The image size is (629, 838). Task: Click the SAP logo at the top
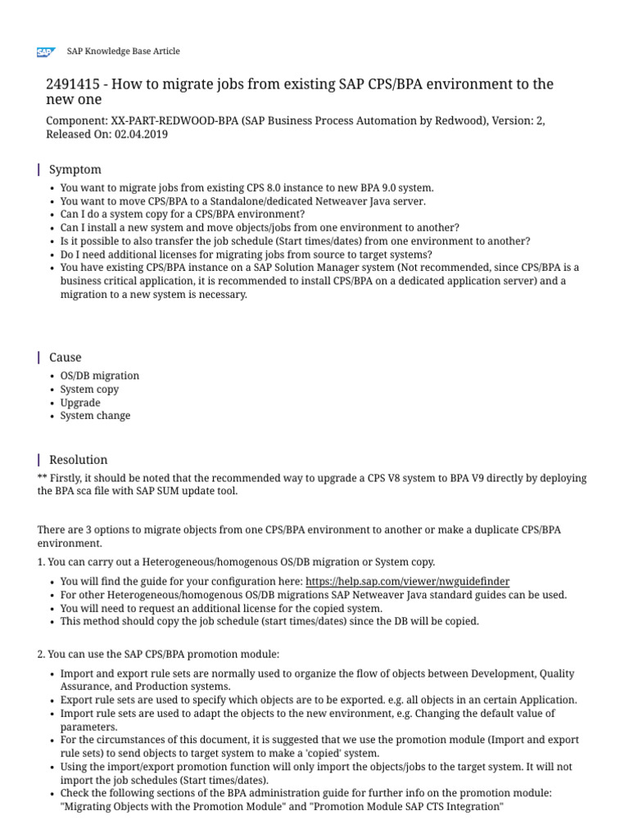tap(44, 52)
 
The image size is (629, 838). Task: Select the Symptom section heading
tap(75, 169)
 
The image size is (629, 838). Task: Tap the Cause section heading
tap(66, 357)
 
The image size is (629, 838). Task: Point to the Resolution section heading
tap(79, 459)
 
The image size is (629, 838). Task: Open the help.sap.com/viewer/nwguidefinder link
tap(407, 581)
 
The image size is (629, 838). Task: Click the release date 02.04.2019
tap(141, 134)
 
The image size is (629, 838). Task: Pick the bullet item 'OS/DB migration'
tap(100, 376)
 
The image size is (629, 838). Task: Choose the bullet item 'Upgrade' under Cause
tap(80, 403)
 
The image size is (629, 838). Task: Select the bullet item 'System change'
tap(95, 416)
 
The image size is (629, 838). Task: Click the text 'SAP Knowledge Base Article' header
tap(123, 51)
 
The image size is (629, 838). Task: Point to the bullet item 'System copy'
tap(89, 389)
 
